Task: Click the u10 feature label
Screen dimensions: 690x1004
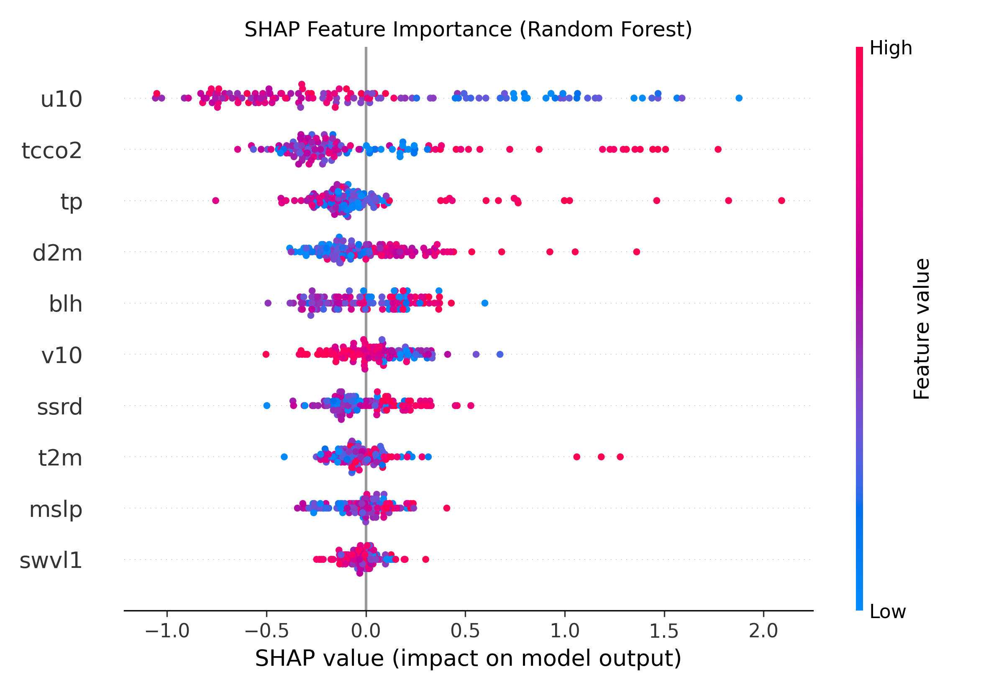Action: pyautogui.click(x=61, y=99)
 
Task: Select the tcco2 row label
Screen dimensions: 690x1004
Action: pyautogui.click(x=52, y=151)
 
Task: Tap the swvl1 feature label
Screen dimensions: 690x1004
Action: pyautogui.click(x=51, y=560)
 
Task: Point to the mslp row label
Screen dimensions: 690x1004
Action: pyautogui.click(x=56, y=509)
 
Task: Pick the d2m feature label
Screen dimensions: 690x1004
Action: pyautogui.click(x=57, y=253)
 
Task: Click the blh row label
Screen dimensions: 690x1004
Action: pyautogui.click(x=66, y=304)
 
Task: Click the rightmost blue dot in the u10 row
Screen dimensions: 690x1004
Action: pyautogui.click(x=739, y=98)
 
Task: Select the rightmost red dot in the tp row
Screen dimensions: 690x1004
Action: pyautogui.click(x=781, y=201)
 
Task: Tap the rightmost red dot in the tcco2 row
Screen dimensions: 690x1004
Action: pyautogui.click(x=718, y=150)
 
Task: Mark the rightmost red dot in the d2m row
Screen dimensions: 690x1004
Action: pyautogui.click(x=636, y=252)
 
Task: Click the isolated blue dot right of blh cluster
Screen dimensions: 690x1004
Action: pyautogui.click(x=485, y=303)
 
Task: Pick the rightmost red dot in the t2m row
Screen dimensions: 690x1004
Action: pyautogui.click(x=620, y=457)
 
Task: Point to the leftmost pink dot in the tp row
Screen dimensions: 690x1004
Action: pyautogui.click(x=216, y=201)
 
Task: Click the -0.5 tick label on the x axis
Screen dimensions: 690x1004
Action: pyautogui.click(x=266, y=631)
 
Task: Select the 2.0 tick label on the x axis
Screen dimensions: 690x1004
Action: pyautogui.click(x=763, y=631)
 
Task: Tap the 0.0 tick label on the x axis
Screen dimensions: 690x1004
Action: pyautogui.click(x=366, y=631)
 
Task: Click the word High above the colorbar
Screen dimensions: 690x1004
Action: pyautogui.click(x=891, y=48)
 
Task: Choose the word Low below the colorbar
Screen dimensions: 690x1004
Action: pyautogui.click(x=887, y=612)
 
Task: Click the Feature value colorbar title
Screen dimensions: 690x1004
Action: pyautogui.click(x=922, y=329)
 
